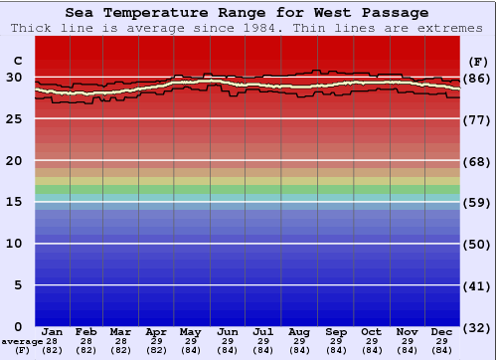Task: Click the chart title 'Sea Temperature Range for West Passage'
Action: point(248,13)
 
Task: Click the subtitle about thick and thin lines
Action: point(248,28)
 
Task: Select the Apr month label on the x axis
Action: point(156,332)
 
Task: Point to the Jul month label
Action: point(263,332)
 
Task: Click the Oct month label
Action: point(371,332)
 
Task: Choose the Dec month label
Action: point(442,332)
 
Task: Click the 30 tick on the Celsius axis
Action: point(13,78)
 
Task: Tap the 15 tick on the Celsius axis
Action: point(13,202)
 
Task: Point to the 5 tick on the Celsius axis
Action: point(17,285)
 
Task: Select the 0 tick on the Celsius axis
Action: point(17,327)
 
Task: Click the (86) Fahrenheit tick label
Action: point(477,78)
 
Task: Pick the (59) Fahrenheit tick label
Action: point(477,202)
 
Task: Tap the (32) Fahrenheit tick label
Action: point(477,327)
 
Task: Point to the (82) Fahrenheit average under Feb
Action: point(86,350)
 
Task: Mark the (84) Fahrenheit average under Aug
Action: point(299,350)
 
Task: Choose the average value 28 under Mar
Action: point(121,341)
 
